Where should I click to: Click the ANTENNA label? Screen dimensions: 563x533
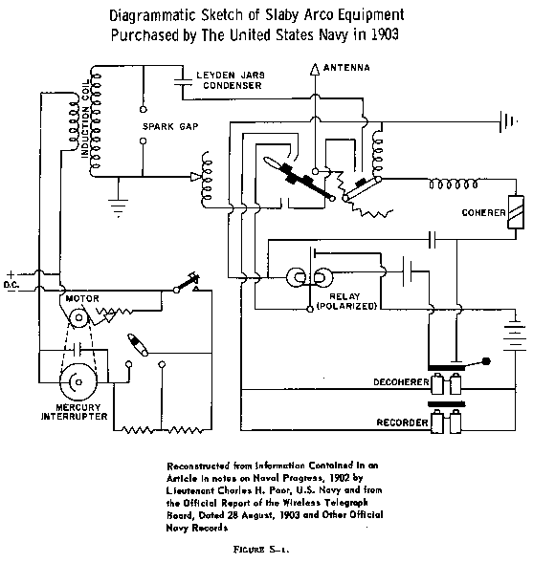click(351, 67)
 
